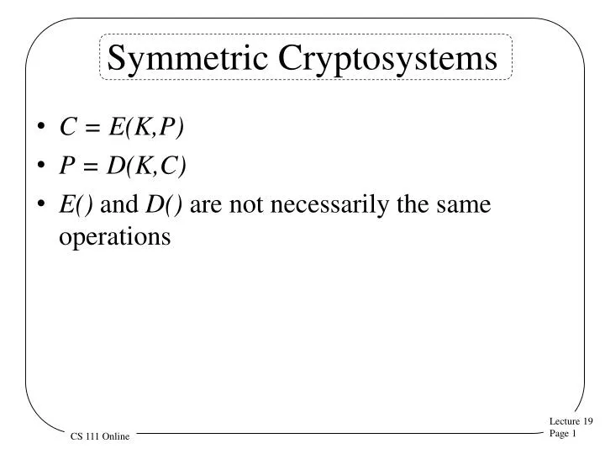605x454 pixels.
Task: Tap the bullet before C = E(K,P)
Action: click(x=42, y=129)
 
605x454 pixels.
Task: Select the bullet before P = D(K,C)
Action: click(x=42, y=166)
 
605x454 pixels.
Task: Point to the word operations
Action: click(x=114, y=237)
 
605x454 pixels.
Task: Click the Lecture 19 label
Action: click(x=571, y=421)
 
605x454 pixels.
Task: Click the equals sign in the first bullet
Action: click(x=92, y=128)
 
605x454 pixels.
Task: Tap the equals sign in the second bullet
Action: click(x=91, y=166)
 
